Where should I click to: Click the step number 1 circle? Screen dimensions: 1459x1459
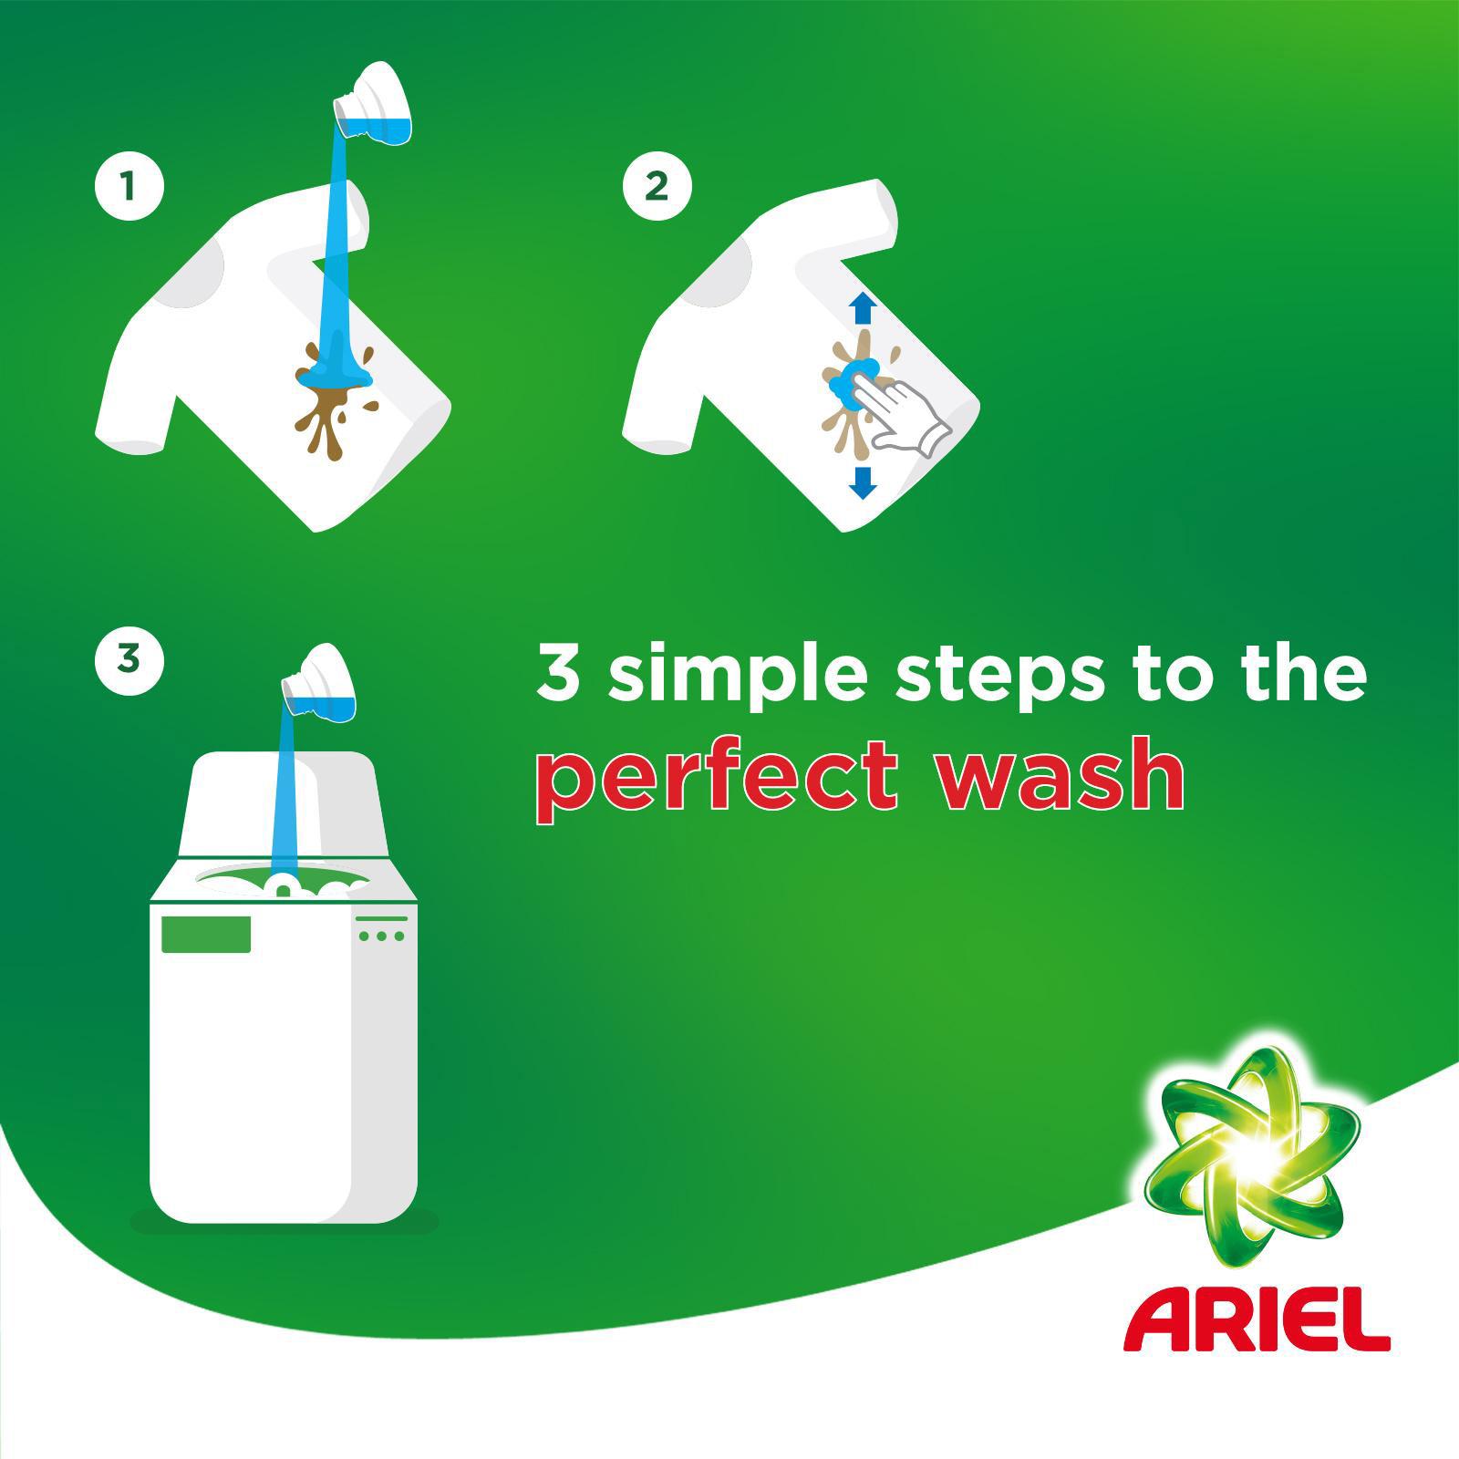pyautogui.click(x=129, y=188)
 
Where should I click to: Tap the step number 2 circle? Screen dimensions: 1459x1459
pyautogui.click(x=657, y=188)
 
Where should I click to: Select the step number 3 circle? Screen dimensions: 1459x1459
pyautogui.click(x=129, y=658)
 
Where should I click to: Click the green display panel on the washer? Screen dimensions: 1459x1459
pyautogui.click(x=206, y=935)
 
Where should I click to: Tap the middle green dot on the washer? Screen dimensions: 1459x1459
pyautogui.click(x=381, y=936)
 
